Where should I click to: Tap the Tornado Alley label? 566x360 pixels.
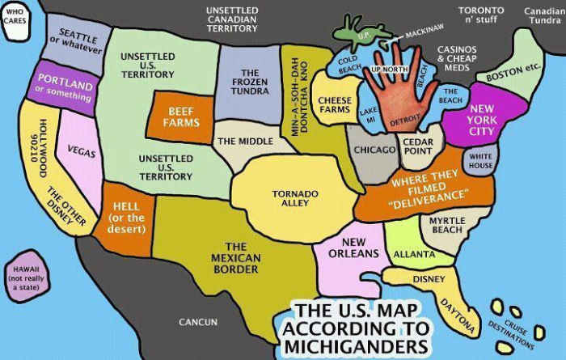click(289, 198)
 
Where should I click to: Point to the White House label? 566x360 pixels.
click(481, 160)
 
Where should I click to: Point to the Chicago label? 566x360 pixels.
click(373, 150)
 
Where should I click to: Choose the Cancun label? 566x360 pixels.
click(198, 323)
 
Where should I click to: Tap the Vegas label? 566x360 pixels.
click(79, 152)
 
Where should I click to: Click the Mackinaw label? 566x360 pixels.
click(425, 33)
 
